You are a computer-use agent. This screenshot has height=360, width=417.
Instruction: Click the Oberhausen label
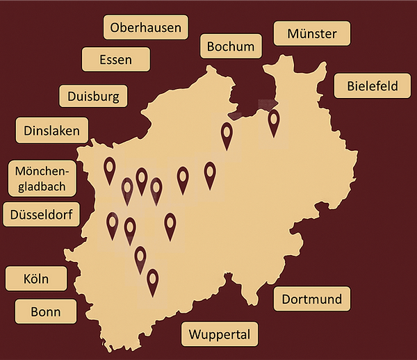tap(146, 28)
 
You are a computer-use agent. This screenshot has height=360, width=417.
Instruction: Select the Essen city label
tap(116, 60)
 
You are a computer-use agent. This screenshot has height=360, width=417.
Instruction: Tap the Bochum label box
tap(231, 47)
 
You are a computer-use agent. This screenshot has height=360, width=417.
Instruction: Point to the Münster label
tap(311, 33)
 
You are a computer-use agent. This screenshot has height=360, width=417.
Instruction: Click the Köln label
tap(36, 279)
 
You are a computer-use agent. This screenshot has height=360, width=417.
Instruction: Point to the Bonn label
tap(46, 312)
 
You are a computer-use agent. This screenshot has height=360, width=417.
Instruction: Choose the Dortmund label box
tap(311, 300)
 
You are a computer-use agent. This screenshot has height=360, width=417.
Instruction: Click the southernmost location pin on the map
tap(152, 281)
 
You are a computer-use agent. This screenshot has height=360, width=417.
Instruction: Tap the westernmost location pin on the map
tap(109, 169)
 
